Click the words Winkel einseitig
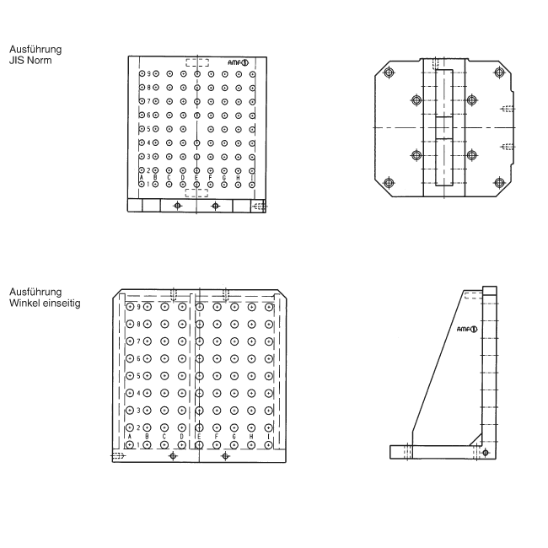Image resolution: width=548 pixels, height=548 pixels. pyautogui.click(x=40, y=303)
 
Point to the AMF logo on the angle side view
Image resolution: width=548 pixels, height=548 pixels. pyautogui.click(x=467, y=329)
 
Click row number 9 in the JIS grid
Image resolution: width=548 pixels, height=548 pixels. pyautogui.click(x=148, y=74)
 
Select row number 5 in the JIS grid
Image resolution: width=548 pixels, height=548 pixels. pyautogui.click(x=148, y=129)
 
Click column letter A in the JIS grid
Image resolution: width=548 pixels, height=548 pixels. pyautogui.click(x=141, y=177)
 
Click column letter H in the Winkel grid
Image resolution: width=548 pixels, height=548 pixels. pyautogui.click(x=250, y=436)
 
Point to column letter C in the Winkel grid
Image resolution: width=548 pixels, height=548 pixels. pyautogui.click(x=164, y=436)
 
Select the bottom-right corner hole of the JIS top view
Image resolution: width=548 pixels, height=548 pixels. pyautogui.click(x=498, y=182)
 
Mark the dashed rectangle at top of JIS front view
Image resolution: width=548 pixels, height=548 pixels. pyautogui.click(x=197, y=62)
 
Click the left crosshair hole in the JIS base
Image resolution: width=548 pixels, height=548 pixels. pyautogui.click(x=177, y=205)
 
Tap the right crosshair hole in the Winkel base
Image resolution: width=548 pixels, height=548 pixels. pyautogui.click(x=224, y=455)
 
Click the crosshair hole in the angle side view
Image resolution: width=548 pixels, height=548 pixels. pyautogui.click(x=485, y=453)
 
